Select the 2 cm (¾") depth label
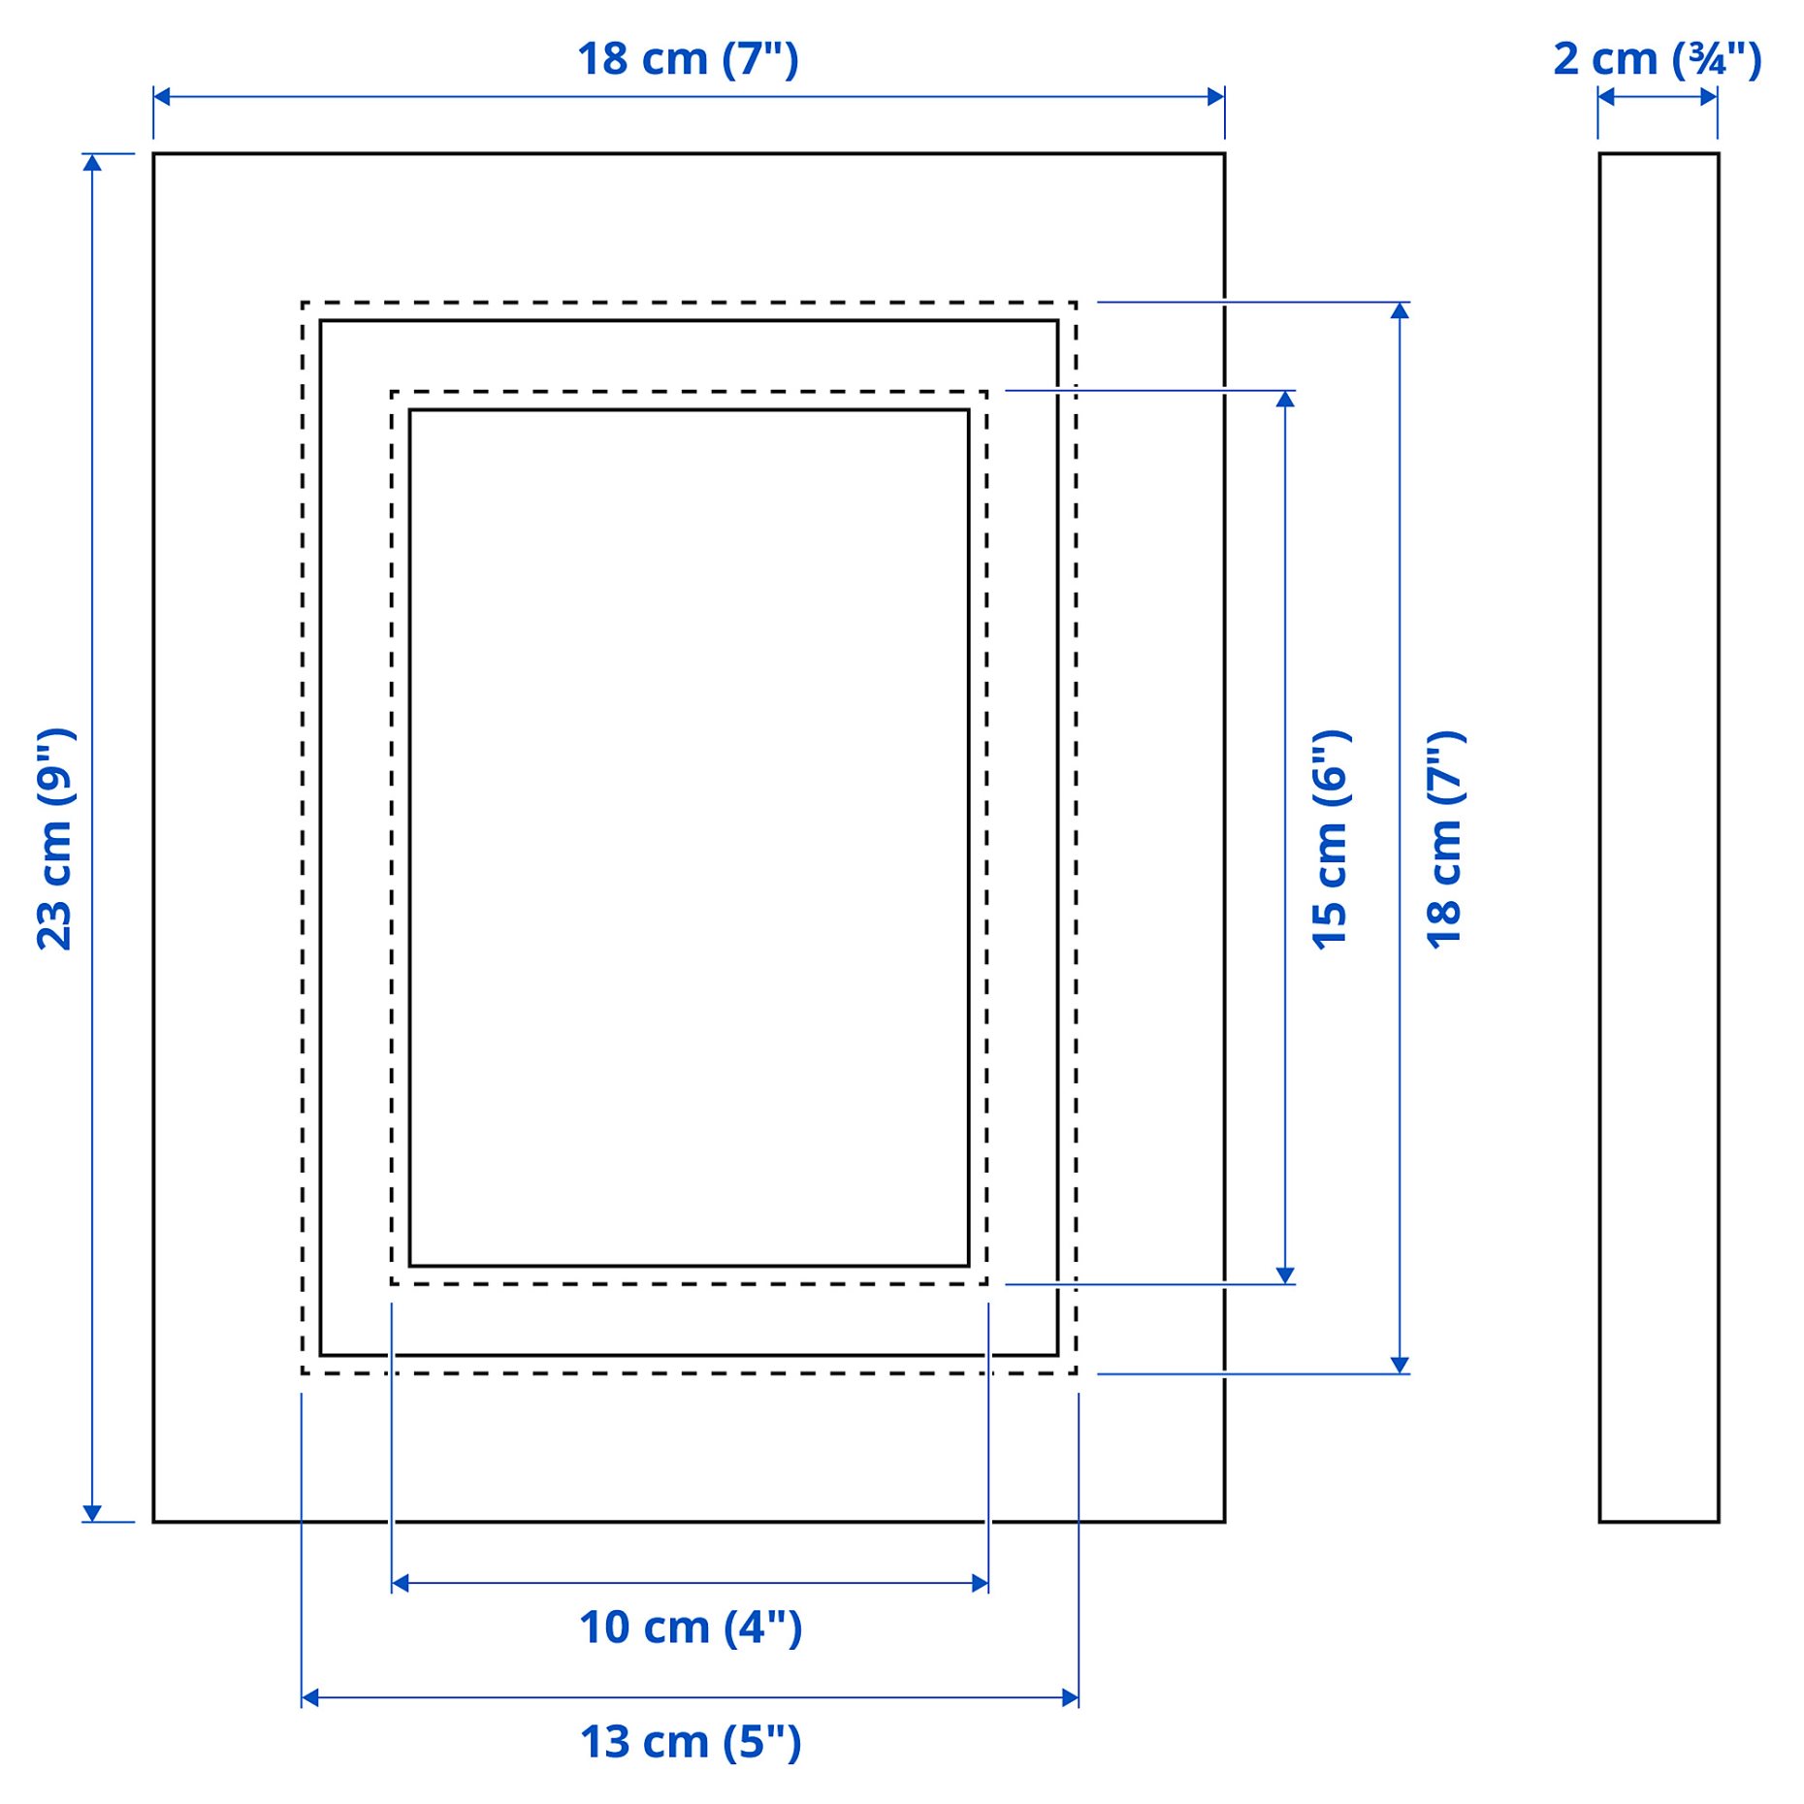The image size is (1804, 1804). point(1657,60)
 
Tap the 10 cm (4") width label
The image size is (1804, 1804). point(691,1627)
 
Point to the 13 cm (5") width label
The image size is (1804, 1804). point(691,1742)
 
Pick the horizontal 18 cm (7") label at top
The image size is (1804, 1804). point(688,60)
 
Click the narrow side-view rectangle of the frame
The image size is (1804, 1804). point(1659,837)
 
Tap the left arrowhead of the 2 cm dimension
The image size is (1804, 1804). point(1606,97)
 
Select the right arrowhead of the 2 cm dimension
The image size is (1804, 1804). point(1709,97)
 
